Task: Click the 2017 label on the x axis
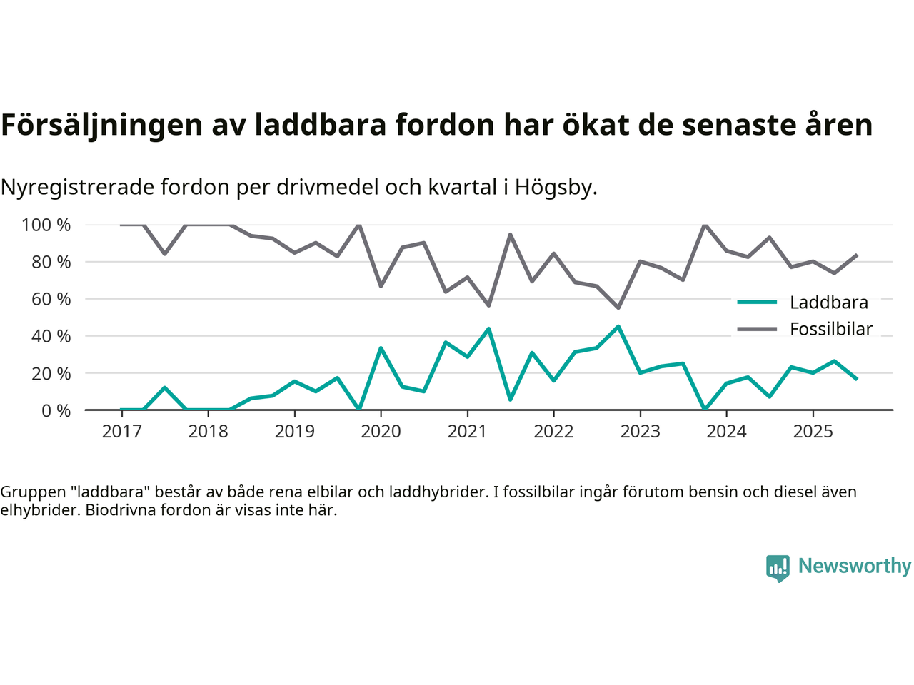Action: click(x=121, y=432)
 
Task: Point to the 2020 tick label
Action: click(x=381, y=432)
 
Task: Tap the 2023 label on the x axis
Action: click(x=640, y=432)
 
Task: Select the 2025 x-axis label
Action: click(x=813, y=432)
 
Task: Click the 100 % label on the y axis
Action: click(x=46, y=225)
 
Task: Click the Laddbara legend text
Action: click(x=828, y=303)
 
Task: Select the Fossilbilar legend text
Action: click(x=831, y=329)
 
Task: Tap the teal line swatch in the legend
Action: click(x=757, y=303)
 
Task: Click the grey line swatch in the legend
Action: click(x=757, y=329)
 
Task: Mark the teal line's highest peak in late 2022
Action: click(x=618, y=327)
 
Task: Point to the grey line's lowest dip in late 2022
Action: click(x=618, y=308)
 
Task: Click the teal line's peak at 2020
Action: click(x=381, y=348)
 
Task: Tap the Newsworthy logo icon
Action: click(x=778, y=568)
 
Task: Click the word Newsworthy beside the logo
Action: click(x=855, y=567)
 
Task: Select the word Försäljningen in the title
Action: click(x=102, y=125)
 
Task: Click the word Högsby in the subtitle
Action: click(x=556, y=188)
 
